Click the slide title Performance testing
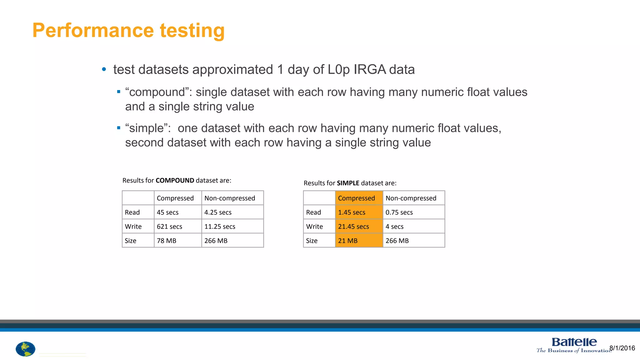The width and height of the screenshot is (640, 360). click(128, 30)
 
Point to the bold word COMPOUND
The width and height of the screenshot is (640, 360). click(175, 180)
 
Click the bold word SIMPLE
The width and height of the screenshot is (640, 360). click(348, 183)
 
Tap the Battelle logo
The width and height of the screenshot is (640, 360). click(574, 345)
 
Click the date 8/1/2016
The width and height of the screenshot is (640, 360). click(622, 348)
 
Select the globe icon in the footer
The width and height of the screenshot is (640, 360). click(25, 349)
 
